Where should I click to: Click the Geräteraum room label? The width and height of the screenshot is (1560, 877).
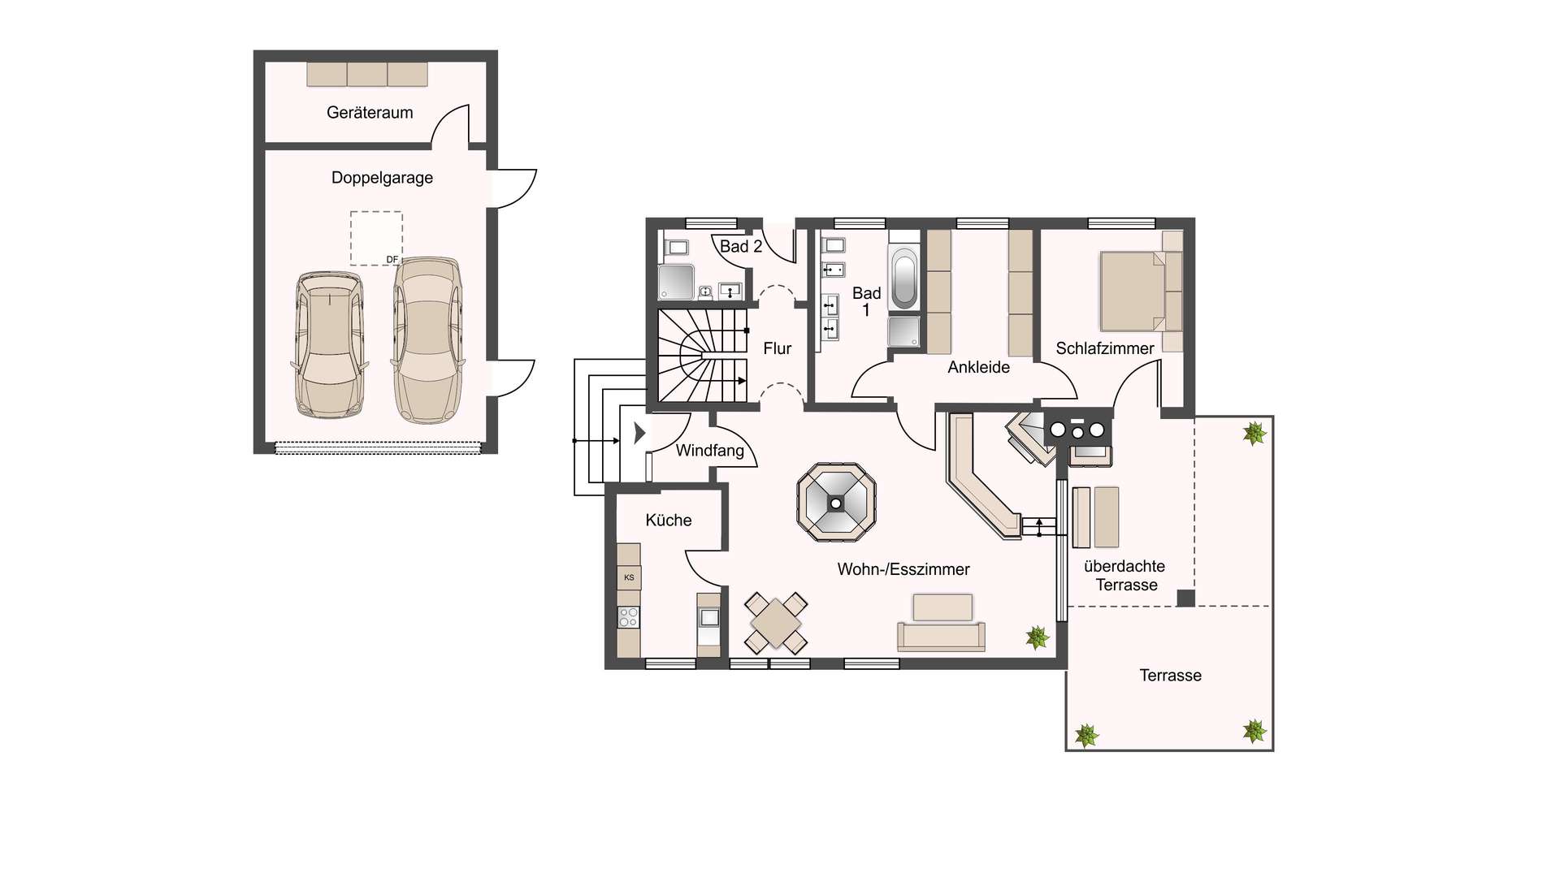370,113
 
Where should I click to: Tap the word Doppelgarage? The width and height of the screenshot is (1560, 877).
382,178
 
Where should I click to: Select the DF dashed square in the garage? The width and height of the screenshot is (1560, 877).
376,238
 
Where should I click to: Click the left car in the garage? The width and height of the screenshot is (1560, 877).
329,344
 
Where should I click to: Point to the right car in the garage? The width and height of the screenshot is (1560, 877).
427,340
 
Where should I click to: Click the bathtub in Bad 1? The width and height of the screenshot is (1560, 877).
903,279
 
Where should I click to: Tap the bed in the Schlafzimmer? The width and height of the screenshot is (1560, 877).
1132,291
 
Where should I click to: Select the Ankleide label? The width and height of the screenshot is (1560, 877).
978,367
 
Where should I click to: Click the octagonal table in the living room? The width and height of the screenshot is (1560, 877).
836,503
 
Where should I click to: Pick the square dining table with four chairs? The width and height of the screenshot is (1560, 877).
776,623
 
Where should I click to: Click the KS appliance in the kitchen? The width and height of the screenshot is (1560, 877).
629,577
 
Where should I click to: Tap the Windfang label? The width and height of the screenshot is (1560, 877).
710,450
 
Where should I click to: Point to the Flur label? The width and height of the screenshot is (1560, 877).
777,348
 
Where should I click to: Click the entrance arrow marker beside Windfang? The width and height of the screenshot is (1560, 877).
639,433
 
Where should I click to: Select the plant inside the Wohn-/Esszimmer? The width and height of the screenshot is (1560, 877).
1037,637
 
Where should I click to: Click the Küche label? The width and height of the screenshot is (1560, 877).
669,521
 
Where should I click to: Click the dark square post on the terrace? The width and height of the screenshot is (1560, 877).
1186,598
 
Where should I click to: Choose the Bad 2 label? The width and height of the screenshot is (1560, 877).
741,247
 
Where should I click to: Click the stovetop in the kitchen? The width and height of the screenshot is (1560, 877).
628,617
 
